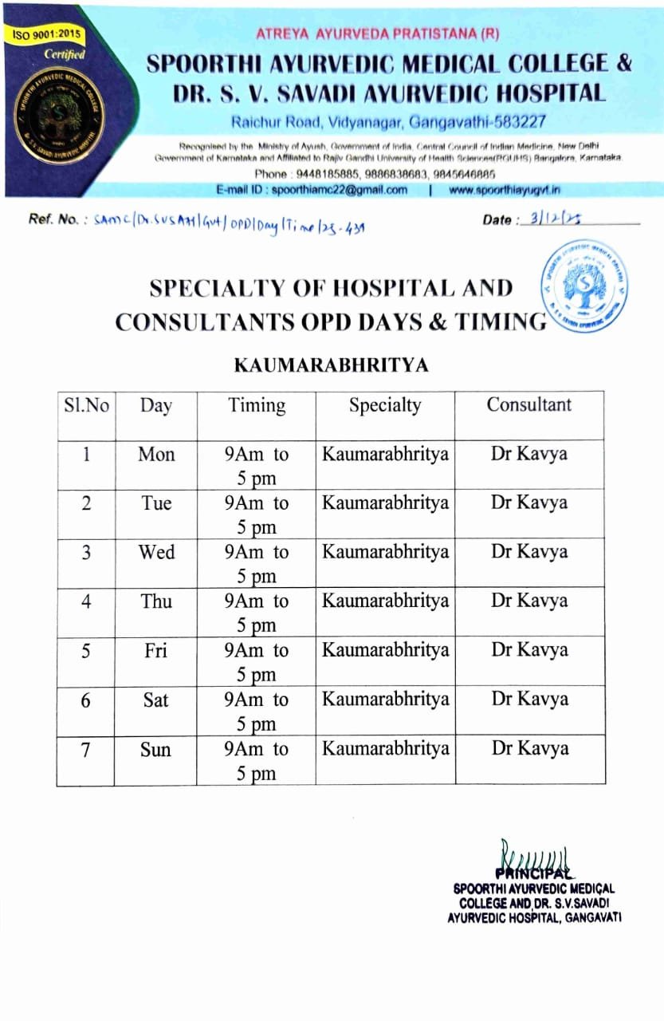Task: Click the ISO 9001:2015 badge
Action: (46, 35)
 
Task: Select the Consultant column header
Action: (528, 404)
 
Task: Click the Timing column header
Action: (256, 405)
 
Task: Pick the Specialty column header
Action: (384, 405)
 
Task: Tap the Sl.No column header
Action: (86, 405)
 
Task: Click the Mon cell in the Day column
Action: (156, 454)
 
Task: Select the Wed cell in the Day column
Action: (156, 552)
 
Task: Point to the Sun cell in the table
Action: (156, 749)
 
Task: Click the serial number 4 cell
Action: (86, 601)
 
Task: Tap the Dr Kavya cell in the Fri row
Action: (529, 650)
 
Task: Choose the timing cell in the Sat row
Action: (256, 711)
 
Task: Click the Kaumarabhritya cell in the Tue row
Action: (385, 503)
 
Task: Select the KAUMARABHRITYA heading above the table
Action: (331, 365)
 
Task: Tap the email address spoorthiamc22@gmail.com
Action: (339, 190)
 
